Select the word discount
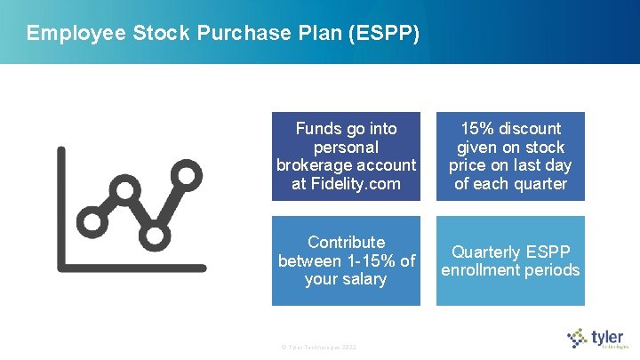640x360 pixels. (x=531, y=129)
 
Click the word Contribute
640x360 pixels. (x=346, y=243)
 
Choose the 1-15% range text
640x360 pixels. (x=365, y=261)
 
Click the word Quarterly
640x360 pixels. (x=487, y=252)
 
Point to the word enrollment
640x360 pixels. (x=481, y=270)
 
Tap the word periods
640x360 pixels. (x=551, y=270)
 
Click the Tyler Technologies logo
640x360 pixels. (x=597, y=339)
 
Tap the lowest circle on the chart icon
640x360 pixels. (x=154, y=235)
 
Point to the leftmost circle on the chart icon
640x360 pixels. (x=91, y=218)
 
